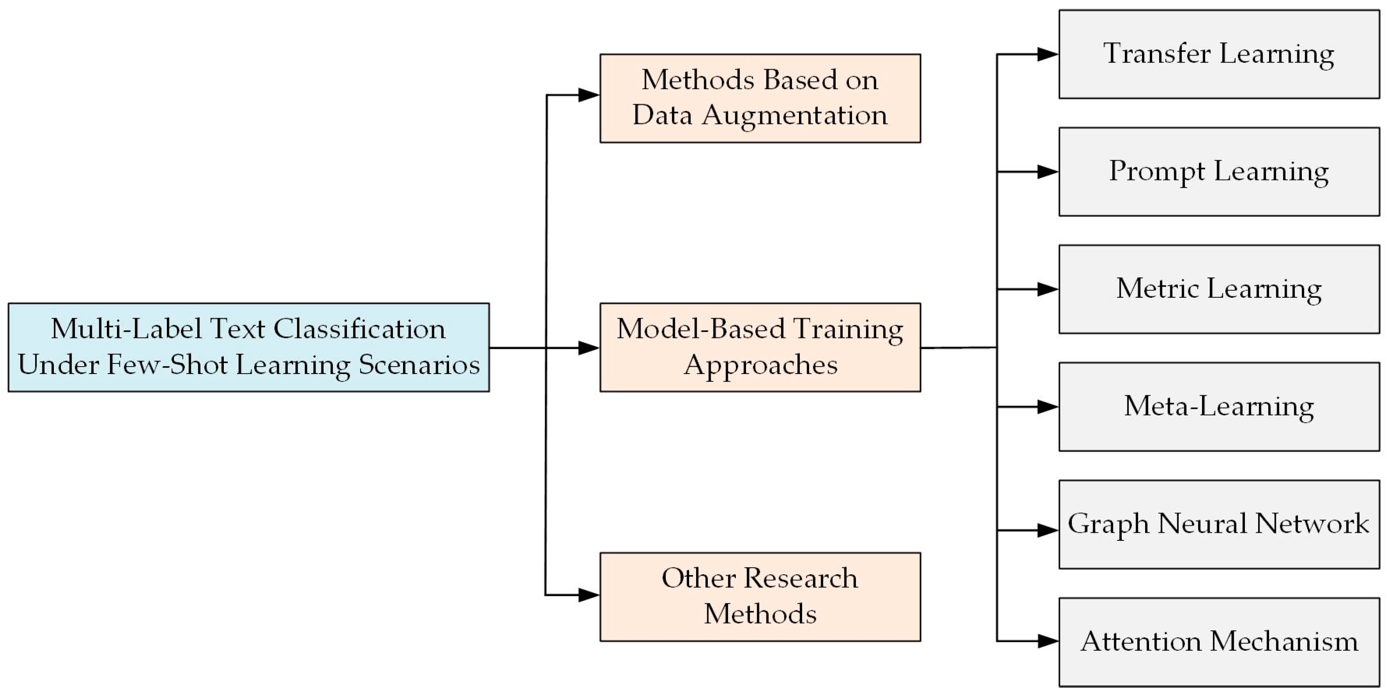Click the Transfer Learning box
click(x=1218, y=54)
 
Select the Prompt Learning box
click(x=1218, y=172)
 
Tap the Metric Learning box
click(x=1218, y=289)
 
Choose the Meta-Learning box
click(x=1218, y=406)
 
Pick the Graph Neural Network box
click(x=1218, y=524)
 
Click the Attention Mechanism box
click(x=1218, y=641)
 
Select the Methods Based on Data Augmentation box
click(x=760, y=98)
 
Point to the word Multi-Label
click(x=126, y=329)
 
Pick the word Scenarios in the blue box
click(x=419, y=365)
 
